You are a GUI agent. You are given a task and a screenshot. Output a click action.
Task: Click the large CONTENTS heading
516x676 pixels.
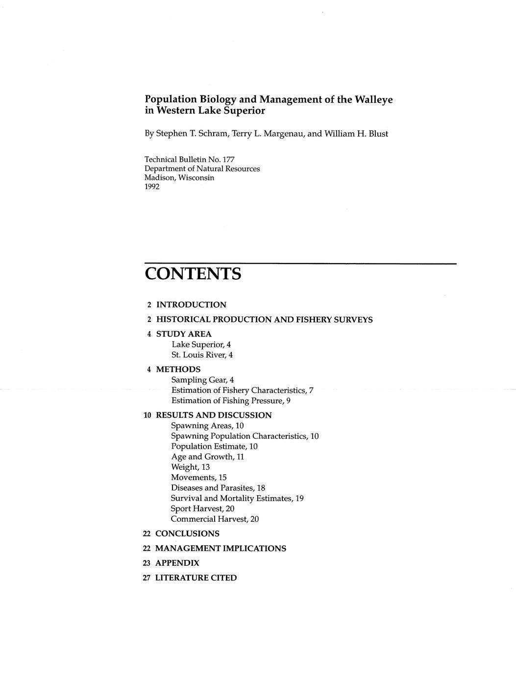pyautogui.click(x=193, y=274)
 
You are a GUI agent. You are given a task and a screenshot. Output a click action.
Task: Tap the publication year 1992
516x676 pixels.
pyautogui.click(x=152, y=187)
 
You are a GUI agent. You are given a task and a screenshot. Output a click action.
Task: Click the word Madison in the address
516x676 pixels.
pyautogui.click(x=160, y=177)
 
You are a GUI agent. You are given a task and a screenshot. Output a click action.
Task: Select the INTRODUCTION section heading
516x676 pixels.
pyautogui.click(x=191, y=305)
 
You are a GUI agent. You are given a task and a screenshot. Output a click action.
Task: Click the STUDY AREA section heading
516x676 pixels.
pyautogui.click(x=184, y=334)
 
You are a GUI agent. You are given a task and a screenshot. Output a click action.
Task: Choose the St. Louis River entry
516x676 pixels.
pyautogui.click(x=202, y=355)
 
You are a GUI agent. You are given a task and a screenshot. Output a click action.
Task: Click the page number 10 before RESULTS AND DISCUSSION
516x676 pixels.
pyautogui.click(x=147, y=415)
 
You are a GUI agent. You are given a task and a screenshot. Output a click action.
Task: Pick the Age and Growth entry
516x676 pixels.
pyautogui.click(x=207, y=457)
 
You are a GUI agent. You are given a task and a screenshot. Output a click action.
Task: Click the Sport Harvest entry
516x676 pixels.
pyautogui.click(x=202, y=508)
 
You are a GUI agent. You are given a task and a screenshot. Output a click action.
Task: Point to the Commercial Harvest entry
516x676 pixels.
pyautogui.click(x=215, y=519)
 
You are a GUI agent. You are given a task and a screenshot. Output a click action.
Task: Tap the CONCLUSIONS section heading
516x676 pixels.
pyautogui.click(x=187, y=533)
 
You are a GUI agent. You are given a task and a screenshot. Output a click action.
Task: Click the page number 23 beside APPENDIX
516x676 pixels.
pyautogui.click(x=147, y=563)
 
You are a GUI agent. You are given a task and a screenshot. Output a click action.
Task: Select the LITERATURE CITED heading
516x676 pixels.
pyautogui.click(x=196, y=578)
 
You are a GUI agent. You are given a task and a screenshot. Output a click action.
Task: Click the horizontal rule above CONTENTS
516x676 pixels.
pyautogui.click(x=300, y=264)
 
